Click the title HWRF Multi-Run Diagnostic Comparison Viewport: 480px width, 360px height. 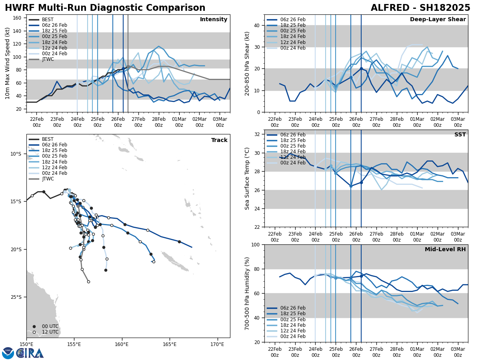tap(105, 8)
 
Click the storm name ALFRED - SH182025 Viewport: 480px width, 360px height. tap(420, 8)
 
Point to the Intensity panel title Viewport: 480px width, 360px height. tap(214, 20)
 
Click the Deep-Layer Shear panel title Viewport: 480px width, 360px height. tap(438, 20)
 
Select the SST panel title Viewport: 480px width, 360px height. tap(460, 135)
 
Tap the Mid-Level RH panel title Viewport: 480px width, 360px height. tap(445, 250)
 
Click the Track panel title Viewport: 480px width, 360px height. tap(219, 140)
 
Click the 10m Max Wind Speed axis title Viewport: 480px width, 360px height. tap(8, 63)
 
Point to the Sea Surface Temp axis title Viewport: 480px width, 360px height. tap(247, 178)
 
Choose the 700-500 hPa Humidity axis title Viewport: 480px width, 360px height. tap(247, 293)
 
